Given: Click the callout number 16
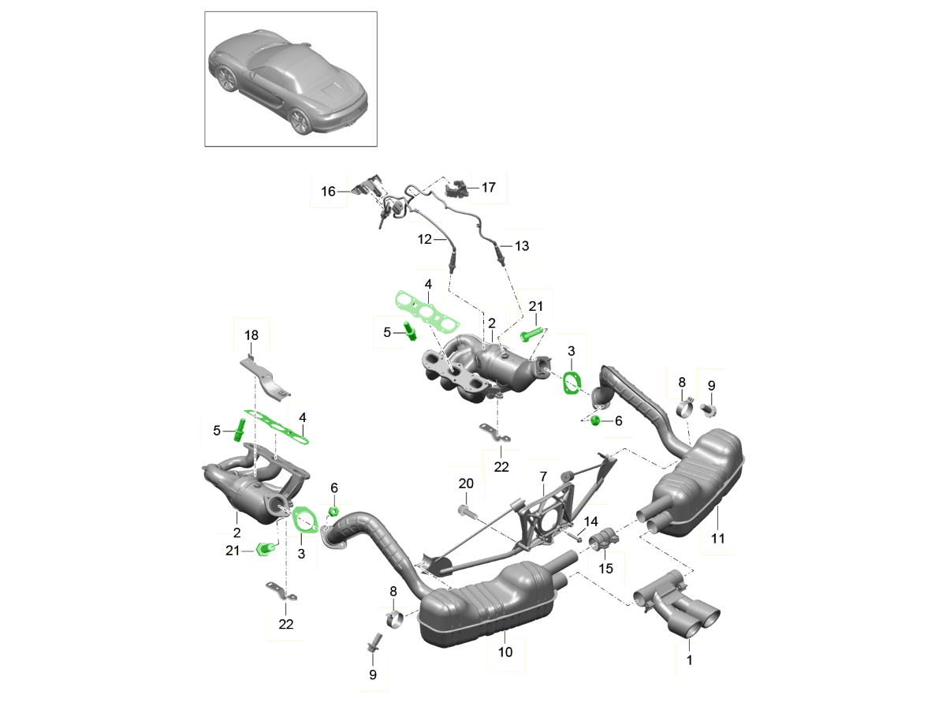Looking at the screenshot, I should tap(328, 191).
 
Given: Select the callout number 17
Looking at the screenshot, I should tap(489, 188).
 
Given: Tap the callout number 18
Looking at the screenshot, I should tap(251, 335).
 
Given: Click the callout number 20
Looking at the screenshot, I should tap(466, 484).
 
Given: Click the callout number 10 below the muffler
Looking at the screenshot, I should tap(505, 652).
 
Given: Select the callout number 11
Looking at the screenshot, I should tap(717, 539).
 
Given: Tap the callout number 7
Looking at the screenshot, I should tap(542, 476).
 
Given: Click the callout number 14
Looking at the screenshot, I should tap(591, 521).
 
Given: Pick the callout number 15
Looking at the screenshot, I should tap(606, 567).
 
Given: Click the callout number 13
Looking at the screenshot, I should tap(522, 246).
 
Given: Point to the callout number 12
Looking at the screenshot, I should tap(425, 239).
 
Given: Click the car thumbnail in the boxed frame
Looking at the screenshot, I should tap(291, 78).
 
